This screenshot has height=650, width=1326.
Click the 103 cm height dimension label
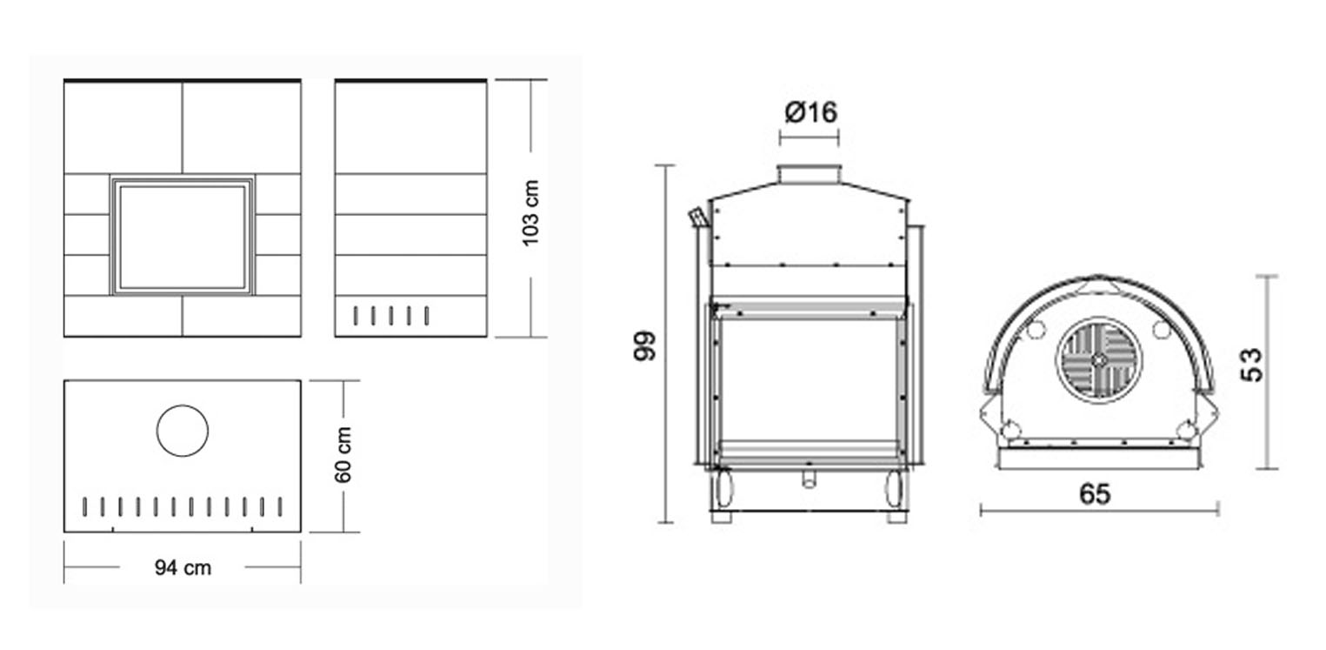click(x=531, y=212)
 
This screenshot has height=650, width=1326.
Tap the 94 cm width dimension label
click(x=183, y=567)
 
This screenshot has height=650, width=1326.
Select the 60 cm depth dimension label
click(x=343, y=455)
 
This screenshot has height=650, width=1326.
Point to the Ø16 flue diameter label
click(x=810, y=112)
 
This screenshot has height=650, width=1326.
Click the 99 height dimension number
click(x=644, y=345)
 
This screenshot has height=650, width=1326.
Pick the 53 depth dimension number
click(x=1251, y=365)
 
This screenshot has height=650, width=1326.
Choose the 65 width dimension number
click(x=1095, y=493)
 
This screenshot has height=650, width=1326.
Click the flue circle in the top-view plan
click(x=183, y=431)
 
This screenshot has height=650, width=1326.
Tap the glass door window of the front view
click(x=183, y=237)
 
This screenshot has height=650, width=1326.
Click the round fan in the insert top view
click(x=1099, y=360)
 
